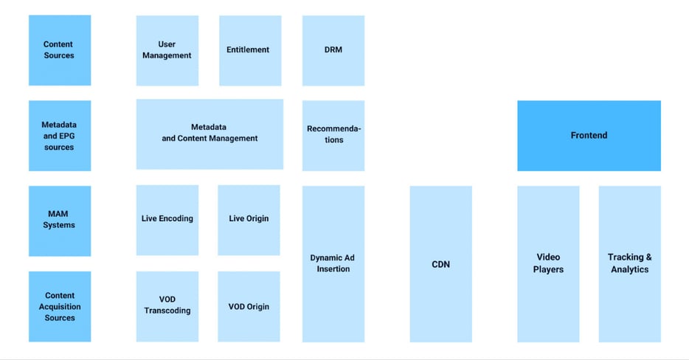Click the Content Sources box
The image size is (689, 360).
click(59, 49)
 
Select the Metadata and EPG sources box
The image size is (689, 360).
click(59, 136)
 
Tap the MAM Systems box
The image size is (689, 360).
click(59, 220)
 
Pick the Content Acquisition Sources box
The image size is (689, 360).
click(59, 306)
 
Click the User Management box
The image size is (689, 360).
click(167, 49)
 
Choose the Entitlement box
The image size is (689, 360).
click(249, 49)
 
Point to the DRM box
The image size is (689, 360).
click(333, 49)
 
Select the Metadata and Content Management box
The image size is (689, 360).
click(210, 134)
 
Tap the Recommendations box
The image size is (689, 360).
click(333, 134)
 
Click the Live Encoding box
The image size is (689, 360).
click(167, 219)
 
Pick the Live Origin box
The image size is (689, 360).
click(249, 219)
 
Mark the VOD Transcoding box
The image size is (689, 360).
click(167, 305)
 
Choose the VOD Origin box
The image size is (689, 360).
click(249, 306)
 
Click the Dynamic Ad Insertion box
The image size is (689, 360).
click(333, 263)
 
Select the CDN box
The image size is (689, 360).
click(440, 263)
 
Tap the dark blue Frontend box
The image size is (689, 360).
click(589, 136)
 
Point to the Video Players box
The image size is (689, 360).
click(548, 263)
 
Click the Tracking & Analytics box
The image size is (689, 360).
click(629, 263)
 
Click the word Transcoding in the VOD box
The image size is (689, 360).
click(167, 311)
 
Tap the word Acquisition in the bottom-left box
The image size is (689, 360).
click(60, 307)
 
